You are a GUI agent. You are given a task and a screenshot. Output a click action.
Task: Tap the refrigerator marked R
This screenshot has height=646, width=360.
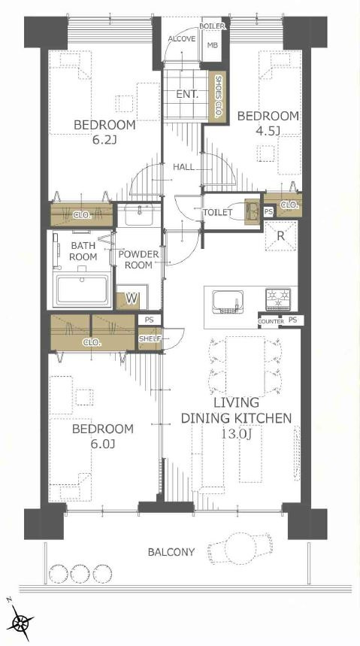coord(280,235)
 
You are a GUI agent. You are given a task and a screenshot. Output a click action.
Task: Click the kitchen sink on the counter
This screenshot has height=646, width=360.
coord(227,302)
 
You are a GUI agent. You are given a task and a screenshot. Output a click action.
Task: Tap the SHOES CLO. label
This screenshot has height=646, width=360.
coord(218,97)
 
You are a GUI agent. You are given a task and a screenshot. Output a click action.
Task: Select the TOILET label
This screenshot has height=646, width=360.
coord(217,213)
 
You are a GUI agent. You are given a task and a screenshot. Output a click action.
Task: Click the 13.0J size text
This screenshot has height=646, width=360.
coord(237,433)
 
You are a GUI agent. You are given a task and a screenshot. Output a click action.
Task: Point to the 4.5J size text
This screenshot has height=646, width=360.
coord(268,131)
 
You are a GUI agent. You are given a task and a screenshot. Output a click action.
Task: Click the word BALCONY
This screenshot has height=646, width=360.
coord(171,552)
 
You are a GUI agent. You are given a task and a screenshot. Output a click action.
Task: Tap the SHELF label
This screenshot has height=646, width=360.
coord(148,338)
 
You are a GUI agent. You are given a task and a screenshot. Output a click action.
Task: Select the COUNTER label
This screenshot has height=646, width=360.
coord(271,321)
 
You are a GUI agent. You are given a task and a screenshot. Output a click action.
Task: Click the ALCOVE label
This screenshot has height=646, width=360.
coord(182,38)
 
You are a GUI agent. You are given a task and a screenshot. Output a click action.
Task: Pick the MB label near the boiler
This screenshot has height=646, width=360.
coord(213,45)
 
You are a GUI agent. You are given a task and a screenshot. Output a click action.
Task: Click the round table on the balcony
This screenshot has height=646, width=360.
coord(237,549)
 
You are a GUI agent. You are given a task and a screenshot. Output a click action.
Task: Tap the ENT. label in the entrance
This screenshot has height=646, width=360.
coord(187,94)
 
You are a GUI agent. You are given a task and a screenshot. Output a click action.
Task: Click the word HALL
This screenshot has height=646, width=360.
coord(183,167)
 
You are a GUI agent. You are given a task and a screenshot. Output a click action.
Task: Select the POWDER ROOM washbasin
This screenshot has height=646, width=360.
coord(139,215)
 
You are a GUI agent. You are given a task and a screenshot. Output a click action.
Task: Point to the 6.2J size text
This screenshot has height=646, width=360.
coord(104,140)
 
